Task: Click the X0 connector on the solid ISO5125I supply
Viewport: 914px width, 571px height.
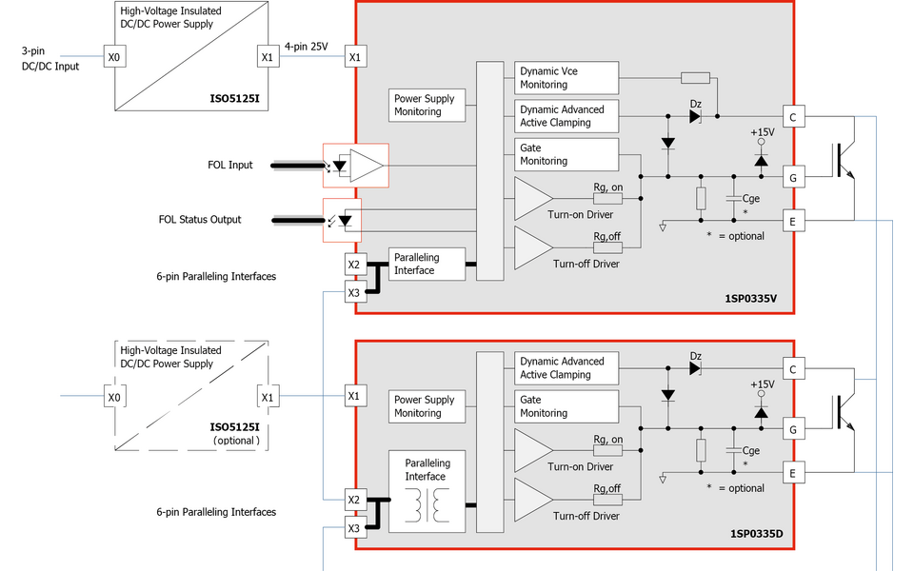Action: [114, 58]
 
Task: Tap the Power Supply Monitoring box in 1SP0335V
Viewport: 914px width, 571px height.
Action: [428, 105]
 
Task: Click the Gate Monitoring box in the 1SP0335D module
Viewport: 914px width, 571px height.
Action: [566, 407]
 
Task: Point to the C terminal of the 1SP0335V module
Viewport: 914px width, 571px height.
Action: [792, 117]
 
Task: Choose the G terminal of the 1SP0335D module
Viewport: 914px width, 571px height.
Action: [792, 430]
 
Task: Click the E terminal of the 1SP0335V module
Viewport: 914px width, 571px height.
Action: [792, 220]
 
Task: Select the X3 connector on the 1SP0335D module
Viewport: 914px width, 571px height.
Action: [354, 528]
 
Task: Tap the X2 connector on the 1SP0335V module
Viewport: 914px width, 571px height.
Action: [354, 265]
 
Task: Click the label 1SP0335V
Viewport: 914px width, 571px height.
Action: [751, 299]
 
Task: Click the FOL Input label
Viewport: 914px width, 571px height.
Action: [230, 166]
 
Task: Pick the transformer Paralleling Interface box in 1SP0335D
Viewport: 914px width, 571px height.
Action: [427, 490]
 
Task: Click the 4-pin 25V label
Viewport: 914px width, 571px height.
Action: [307, 46]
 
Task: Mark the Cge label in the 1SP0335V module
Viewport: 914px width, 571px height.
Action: [751, 199]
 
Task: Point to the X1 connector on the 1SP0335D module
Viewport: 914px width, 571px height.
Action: [354, 396]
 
